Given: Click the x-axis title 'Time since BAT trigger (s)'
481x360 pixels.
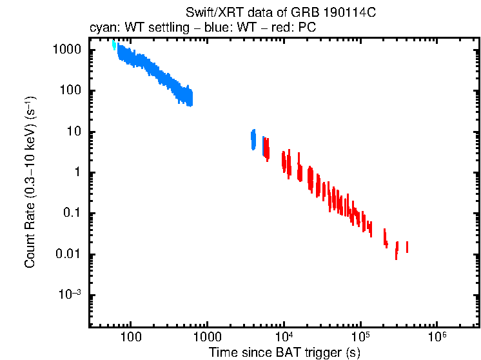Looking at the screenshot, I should [284, 352].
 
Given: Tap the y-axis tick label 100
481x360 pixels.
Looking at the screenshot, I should [72, 90].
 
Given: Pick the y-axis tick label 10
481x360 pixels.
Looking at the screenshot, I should [75, 132].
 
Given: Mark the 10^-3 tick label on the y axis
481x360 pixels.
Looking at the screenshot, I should [70, 295].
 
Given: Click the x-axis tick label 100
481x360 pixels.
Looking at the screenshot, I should [131, 337].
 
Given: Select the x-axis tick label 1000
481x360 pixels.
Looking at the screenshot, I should [207, 337].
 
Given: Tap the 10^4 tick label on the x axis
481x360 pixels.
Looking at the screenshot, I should [284, 336].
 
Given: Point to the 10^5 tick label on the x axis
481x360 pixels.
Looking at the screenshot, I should [360, 336].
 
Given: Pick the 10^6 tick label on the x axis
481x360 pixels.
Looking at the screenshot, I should [437, 336].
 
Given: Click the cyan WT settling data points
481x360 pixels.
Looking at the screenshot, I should [114, 45].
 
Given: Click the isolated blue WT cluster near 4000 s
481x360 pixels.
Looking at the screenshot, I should [253, 139].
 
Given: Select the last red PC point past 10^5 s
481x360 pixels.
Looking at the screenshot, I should [407, 247].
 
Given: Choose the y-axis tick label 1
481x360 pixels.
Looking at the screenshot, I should [81, 172].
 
